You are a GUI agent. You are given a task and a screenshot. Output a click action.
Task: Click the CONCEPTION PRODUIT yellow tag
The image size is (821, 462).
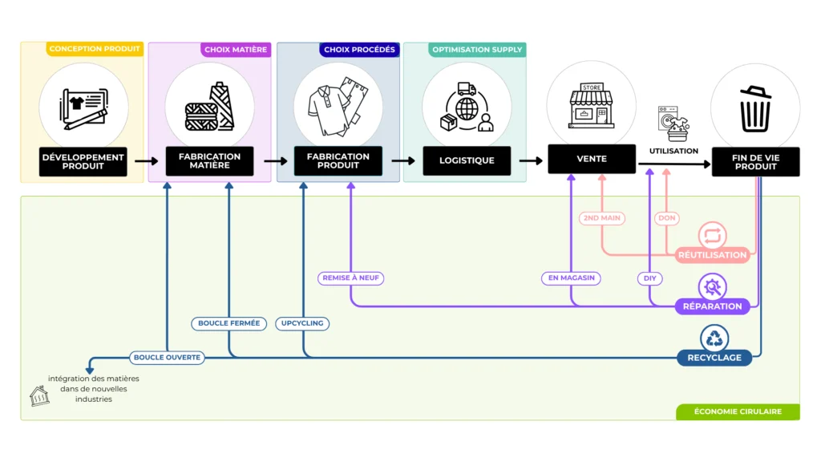click(x=95, y=49)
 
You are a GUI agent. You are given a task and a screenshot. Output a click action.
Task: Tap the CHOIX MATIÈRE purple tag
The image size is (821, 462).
click(x=236, y=50)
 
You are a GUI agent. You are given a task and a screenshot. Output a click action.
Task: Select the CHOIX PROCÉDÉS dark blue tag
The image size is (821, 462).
click(x=359, y=50)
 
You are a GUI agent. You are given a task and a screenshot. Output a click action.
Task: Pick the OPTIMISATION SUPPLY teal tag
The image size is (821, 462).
click(x=477, y=50)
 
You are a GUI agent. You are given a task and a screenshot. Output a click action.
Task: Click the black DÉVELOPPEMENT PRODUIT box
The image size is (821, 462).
click(x=83, y=161)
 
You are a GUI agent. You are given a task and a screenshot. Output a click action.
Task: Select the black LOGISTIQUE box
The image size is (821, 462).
click(x=467, y=160)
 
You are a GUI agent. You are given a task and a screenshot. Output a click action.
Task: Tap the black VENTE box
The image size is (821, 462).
click(x=592, y=159)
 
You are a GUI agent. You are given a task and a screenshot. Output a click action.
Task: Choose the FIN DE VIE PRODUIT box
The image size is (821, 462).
click(x=755, y=161)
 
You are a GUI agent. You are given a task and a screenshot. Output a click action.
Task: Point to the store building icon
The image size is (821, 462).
click(x=591, y=107)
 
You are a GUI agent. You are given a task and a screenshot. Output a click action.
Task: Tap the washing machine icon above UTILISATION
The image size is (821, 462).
click(x=673, y=124)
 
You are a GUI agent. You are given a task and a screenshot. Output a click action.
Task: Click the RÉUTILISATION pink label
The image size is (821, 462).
click(x=713, y=255)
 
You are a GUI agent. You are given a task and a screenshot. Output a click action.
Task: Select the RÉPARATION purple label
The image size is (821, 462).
click(x=713, y=306)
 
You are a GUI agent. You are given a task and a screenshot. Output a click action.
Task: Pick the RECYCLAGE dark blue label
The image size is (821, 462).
click(x=713, y=358)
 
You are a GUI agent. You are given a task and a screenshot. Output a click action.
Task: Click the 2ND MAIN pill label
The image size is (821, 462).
click(x=601, y=218)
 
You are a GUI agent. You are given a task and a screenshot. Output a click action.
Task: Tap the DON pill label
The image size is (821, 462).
click(x=666, y=218)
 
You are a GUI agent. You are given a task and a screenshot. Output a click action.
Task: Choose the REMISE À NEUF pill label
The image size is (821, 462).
click(x=350, y=278)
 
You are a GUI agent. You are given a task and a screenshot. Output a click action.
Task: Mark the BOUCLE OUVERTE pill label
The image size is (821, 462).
click(x=167, y=358)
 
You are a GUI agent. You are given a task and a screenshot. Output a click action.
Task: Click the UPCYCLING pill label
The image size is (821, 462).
click(x=303, y=324)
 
